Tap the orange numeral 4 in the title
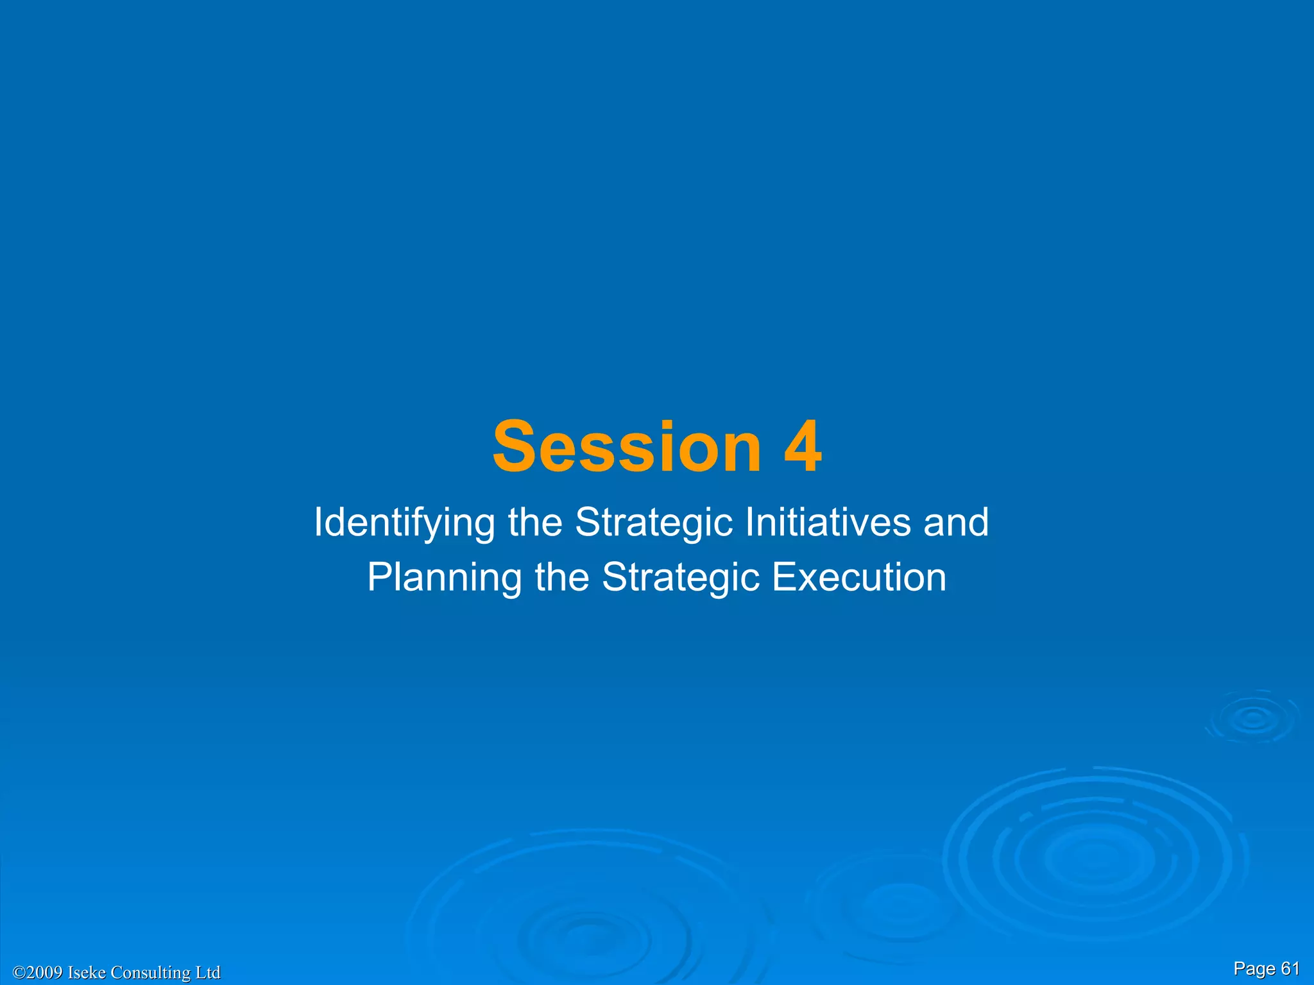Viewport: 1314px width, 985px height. (x=803, y=447)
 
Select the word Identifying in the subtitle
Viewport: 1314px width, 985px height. (x=404, y=523)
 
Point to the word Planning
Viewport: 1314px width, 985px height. (x=444, y=577)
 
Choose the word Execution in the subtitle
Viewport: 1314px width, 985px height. (x=859, y=577)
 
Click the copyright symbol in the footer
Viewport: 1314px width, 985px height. (x=19, y=973)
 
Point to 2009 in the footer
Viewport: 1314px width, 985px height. (x=45, y=973)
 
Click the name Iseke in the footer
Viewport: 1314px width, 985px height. (x=87, y=973)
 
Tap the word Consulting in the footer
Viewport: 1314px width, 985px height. (x=151, y=973)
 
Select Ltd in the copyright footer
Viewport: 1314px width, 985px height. (x=208, y=973)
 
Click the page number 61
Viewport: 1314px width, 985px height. (x=1290, y=968)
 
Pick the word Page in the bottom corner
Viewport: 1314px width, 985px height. (x=1254, y=969)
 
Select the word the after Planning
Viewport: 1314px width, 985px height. (x=562, y=577)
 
